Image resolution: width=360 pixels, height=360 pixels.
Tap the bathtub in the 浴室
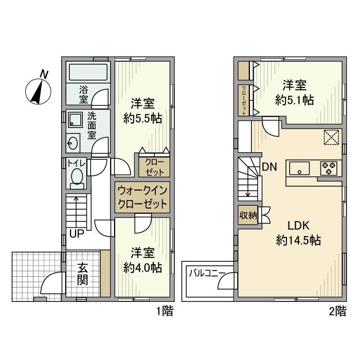point(88,73)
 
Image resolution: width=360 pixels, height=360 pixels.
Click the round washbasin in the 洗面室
point(73,143)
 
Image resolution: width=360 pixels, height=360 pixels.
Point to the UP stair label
point(77,233)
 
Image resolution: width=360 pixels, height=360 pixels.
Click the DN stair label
point(269,167)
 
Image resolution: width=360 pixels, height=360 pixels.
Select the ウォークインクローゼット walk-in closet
point(142,197)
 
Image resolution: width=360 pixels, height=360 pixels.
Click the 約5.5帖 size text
point(142,119)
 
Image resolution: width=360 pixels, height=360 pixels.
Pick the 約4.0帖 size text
point(142,267)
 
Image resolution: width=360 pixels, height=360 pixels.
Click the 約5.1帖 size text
point(295,100)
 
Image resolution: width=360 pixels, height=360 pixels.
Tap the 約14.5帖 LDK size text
point(298,241)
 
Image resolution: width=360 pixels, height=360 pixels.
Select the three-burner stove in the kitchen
point(329,168)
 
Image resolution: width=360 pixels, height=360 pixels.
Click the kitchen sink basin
point(299,168)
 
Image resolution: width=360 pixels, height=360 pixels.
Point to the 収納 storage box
point(248,215)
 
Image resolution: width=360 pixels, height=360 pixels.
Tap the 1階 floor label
point(165,312)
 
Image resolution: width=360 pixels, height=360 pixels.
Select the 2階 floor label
point(338,312)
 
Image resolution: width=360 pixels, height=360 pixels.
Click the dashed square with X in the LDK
point(331,137)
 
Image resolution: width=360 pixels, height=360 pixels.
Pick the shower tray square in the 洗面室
point(75,120)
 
